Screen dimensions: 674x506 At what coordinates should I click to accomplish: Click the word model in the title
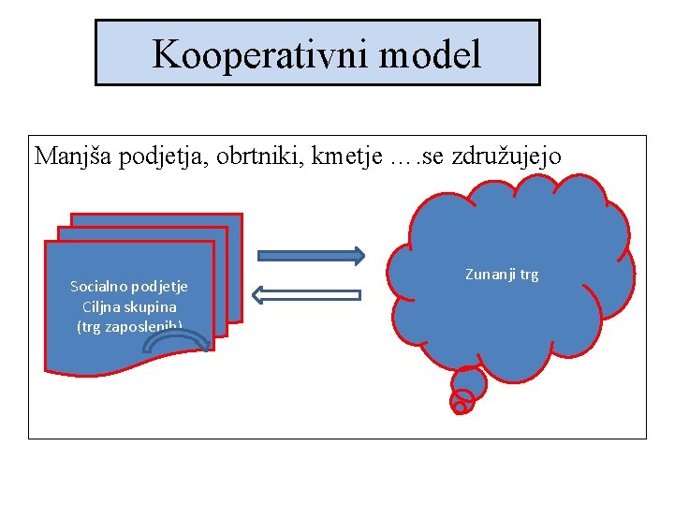point(430,54)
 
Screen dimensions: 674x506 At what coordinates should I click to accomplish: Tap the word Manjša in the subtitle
point(67,156)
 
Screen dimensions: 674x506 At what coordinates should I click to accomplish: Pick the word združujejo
point(506,156)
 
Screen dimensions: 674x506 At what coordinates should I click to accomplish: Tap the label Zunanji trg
point(502,275)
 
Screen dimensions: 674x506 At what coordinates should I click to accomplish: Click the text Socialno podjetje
point(129,286)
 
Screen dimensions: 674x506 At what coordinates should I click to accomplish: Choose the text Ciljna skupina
point(129,306)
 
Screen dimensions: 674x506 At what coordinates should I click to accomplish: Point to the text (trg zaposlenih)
point(129,326)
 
